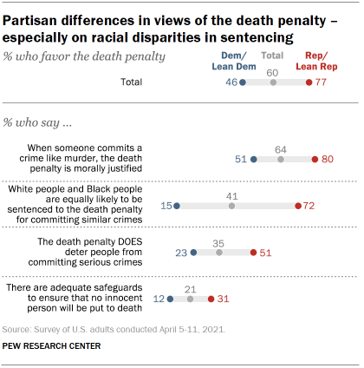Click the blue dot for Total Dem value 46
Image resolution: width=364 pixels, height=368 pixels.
click(x=243, y=82)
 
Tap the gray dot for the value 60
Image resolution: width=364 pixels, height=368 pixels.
click(x=273, y=82)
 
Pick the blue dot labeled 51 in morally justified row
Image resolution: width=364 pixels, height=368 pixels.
click(x=253, y=160)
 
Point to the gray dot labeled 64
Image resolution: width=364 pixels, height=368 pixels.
click(x=280, y=160)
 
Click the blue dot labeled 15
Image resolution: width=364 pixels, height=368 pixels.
click(x=177, y=207)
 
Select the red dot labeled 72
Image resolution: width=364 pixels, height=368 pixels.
click(x=297, y=207)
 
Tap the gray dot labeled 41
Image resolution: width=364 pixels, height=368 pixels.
click(x=232, y=207)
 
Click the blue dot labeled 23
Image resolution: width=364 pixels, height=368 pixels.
click(x=193, y=253)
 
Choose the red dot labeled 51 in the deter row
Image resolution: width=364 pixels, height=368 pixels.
click(x=253, y=253)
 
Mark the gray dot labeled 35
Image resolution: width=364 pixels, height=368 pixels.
click(x=219, y=253)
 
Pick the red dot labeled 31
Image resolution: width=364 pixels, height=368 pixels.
click(x=211, y=299)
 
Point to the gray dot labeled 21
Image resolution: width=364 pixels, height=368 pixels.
click(x=190, y=299)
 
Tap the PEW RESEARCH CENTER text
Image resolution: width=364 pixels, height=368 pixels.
click(x=52, y=346)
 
